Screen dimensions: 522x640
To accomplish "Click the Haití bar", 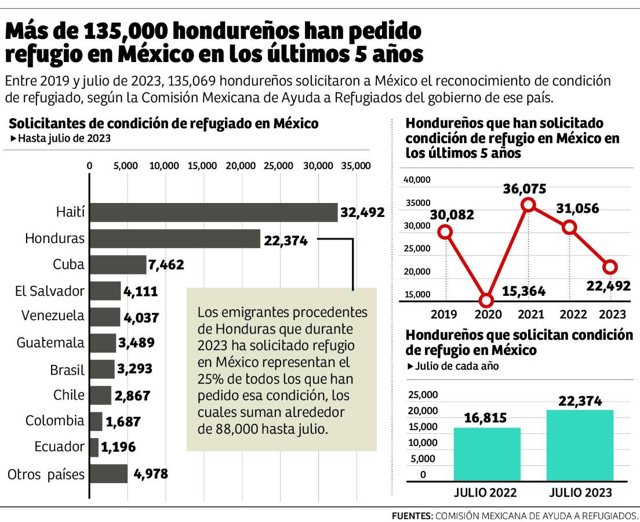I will tap(213, 212).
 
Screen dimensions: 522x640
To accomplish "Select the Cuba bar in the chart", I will tap(118, 265).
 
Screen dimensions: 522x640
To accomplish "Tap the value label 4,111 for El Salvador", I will tap(140, 291).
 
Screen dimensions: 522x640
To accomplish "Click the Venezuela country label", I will tap(52, 316).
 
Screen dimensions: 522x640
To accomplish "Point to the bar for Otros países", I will tap(108, 474).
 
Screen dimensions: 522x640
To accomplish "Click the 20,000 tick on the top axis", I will tap(240, 166).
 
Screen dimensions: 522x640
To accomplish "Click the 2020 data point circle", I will tap(486, 300).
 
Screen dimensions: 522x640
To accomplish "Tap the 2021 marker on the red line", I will tap(528, 204).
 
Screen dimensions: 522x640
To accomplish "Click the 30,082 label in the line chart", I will tap(452, 215).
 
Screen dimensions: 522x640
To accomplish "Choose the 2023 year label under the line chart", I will tap(612, 314).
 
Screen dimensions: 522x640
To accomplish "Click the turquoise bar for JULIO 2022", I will tap(487, 454).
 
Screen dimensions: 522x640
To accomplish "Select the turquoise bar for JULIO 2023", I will tap(580, 445).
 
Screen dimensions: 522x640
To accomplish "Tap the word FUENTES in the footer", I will tap(412, 516).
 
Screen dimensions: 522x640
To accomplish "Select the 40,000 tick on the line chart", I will tap(417, 180).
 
